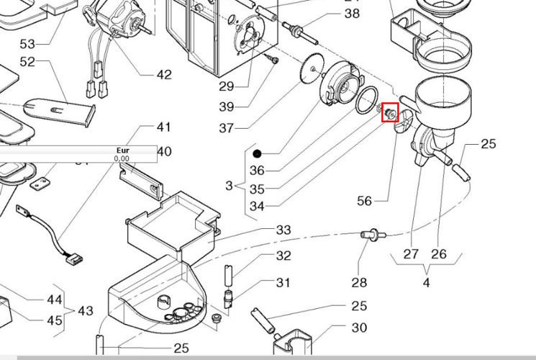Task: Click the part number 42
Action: point(164,74)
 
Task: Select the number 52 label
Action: point(27,63)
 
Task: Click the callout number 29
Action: point(227,87)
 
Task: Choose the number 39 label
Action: point(227,107)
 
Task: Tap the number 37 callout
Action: point(227,128)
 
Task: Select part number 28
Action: point(359,283)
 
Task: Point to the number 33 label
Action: point(283,230)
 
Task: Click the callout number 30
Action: point(359,328)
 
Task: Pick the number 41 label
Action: point(164,128)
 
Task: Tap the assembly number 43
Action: point(85,311)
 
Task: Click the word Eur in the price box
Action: point(122,150)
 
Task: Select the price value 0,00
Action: point(122,158)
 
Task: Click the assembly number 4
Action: point(427,283)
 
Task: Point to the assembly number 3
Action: point(229,186)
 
